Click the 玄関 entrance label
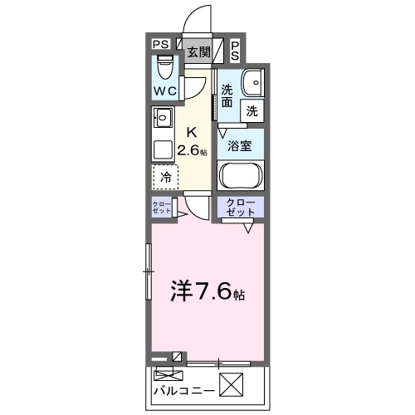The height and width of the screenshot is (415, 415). (x=198, y=52)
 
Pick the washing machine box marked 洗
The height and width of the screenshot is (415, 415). (x=251, y=109)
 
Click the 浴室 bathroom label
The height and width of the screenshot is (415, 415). (x=240, y=145)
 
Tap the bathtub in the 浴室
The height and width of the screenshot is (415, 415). (x=240, y=176)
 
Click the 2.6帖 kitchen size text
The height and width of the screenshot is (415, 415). (x=193, y=150)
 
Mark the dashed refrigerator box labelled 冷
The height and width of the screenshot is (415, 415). (x=166, y=176)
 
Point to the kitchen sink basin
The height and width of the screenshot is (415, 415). (x=163, y=116)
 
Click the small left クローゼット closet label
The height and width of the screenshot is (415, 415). (x=162, y=207)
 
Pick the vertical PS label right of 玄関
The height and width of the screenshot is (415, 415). (x=235, y=51)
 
